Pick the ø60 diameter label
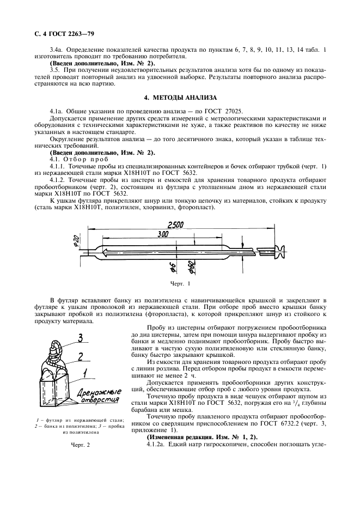tap(192, 266)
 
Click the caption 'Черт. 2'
tap(80, 445)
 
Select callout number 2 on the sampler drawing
tap(80, 357)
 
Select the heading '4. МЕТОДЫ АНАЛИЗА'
tap(180, 98)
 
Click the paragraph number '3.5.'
tap(54, 71)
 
